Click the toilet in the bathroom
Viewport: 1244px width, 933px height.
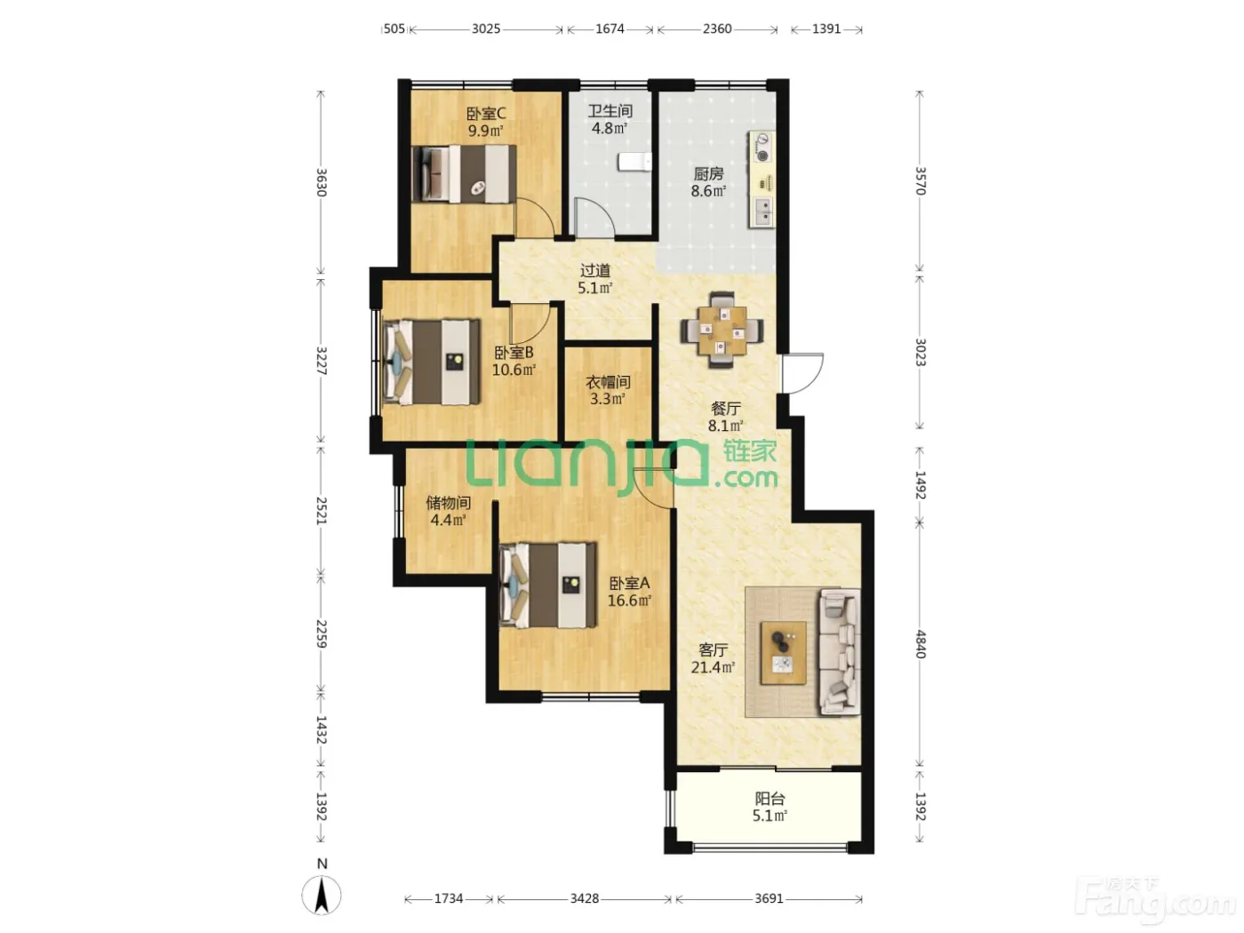634,162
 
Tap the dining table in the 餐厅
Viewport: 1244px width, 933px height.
722,331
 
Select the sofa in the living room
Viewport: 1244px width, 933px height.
840,651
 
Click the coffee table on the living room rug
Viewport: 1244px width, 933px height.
784,652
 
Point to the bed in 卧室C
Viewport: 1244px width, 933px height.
464,173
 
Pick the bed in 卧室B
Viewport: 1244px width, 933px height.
432,362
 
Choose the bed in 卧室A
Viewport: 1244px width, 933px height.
548,586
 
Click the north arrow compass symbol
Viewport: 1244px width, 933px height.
322,896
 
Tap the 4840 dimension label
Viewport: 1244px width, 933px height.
921,644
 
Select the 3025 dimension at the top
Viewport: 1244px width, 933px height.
486,29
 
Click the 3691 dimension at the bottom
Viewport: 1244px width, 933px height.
770,898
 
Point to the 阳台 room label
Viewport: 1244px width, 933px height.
770,799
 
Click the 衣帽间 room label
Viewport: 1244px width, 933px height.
608,382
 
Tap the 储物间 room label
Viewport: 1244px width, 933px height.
449,502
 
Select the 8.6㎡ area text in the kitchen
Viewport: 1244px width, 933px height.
708,191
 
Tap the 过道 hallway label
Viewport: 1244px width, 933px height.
595,271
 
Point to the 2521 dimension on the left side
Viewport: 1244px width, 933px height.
322,511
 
